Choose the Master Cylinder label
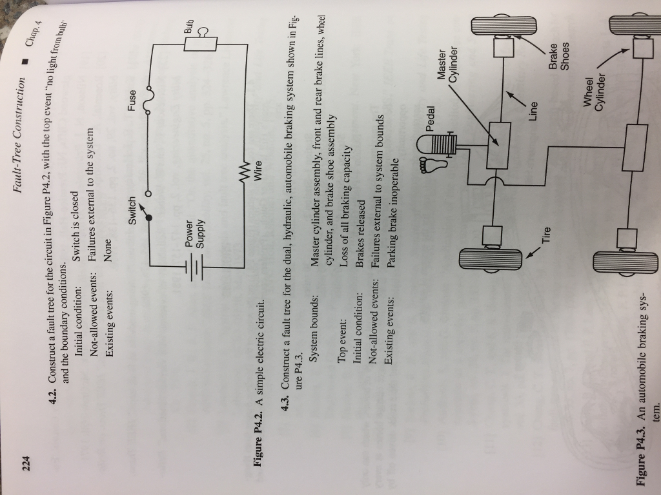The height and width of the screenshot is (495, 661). pos(447,64)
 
